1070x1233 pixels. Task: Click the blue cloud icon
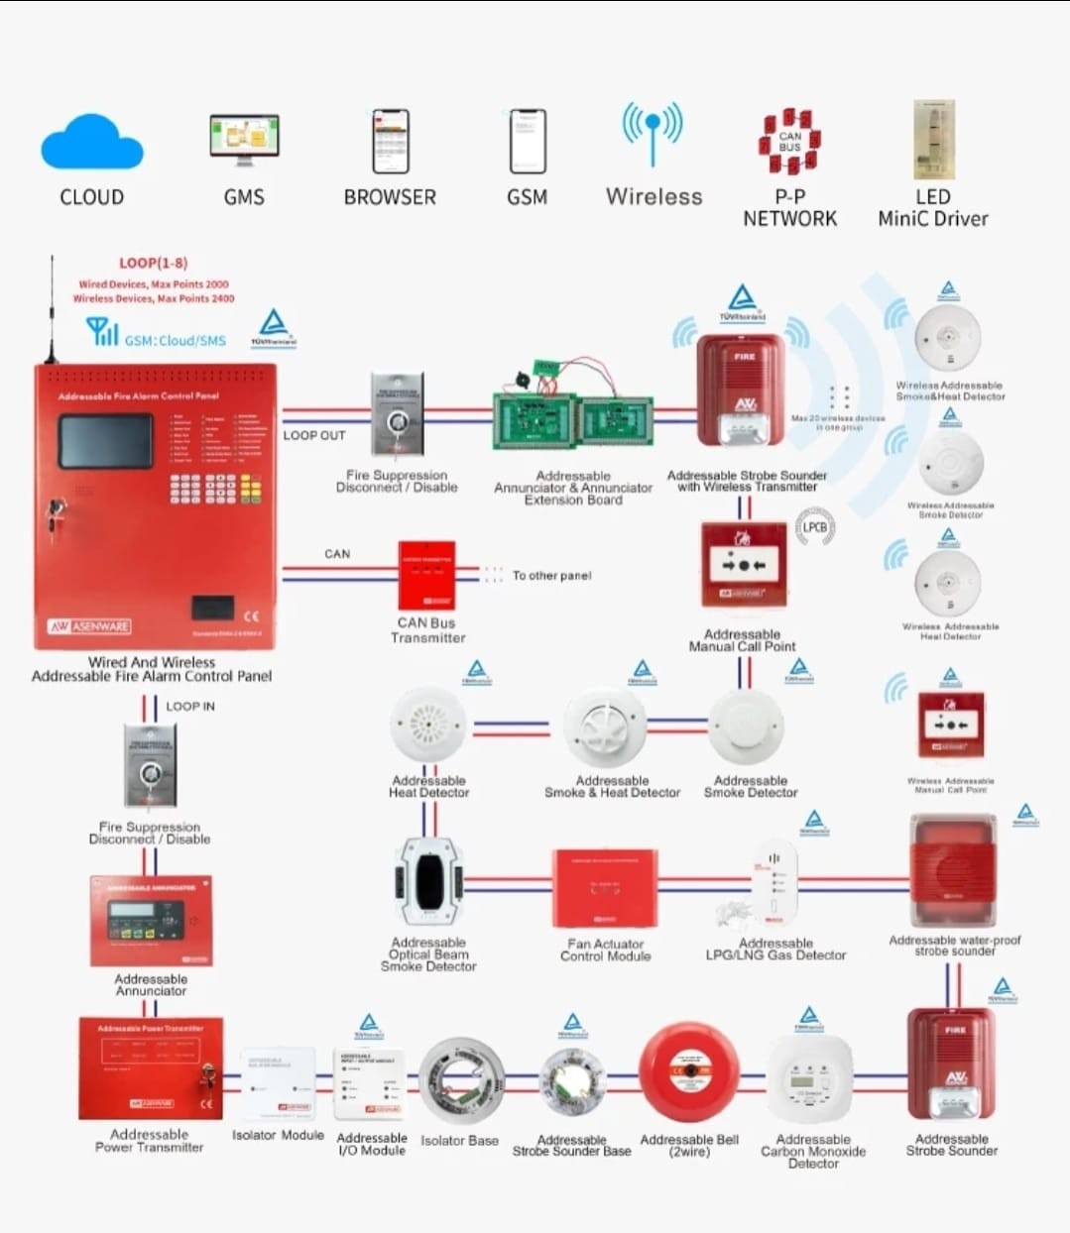[91, 143]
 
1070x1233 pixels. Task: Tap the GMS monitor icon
[244, 140]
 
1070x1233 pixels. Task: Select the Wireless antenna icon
[653, 133]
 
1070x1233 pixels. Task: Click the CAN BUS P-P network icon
[789, 142]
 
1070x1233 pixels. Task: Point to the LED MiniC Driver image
[933, 139]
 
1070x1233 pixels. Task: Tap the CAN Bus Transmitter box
[426, 575]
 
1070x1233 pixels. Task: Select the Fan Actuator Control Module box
[605, 887]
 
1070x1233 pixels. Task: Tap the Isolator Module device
[279, 1084]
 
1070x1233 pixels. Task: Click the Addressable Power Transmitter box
[151, 1067]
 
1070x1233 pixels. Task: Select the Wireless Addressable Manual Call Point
[950, 726]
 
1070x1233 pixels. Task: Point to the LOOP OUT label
[314, 435]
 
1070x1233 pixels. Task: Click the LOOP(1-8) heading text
[153, 263]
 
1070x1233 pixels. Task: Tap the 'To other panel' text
[551, 575]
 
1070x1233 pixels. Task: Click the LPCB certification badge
[815, 527]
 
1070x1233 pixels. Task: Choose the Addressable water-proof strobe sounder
[953, 872]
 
